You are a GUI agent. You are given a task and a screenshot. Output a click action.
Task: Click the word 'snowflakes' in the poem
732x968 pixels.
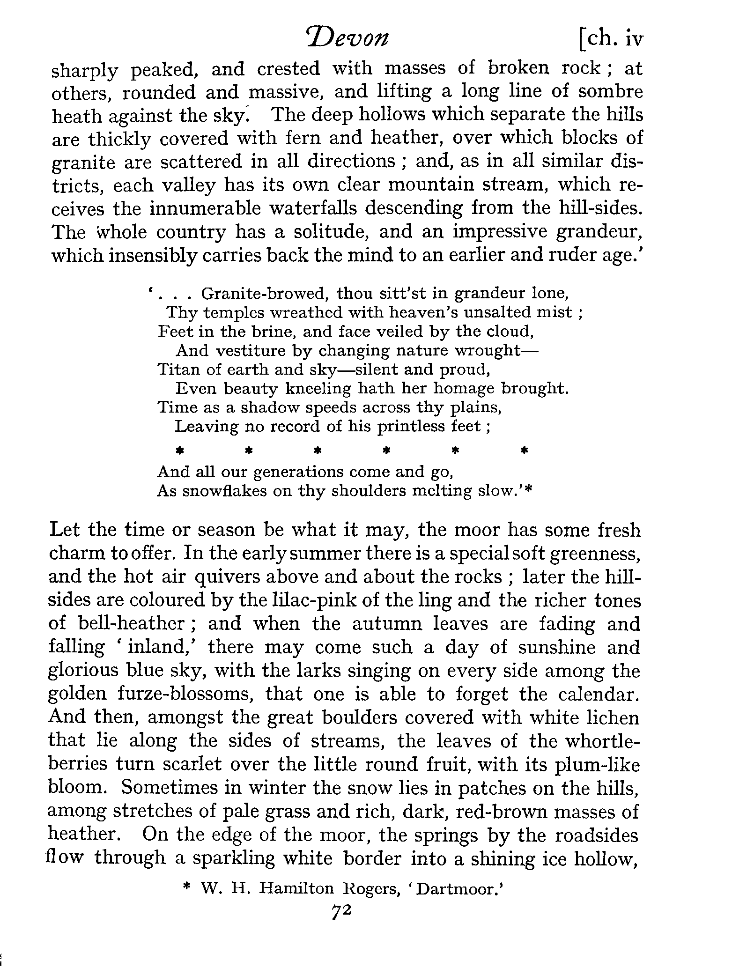pos(228,491)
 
